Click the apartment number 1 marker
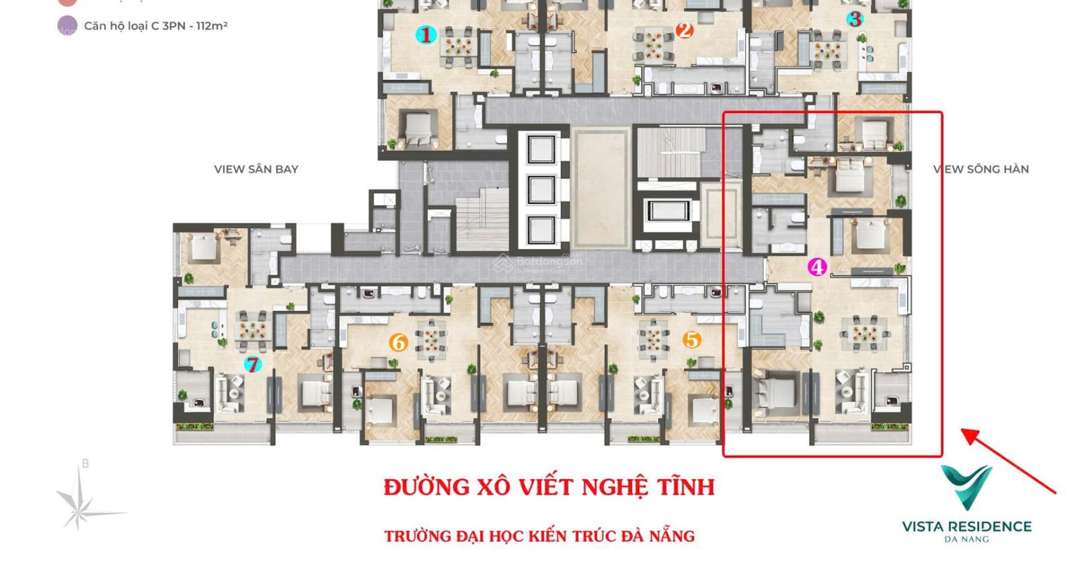425,34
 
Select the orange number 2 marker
685,30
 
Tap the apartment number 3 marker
855,19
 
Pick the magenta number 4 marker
816,267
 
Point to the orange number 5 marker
691,340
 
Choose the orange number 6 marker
398,343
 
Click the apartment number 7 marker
252,365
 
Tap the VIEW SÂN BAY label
256,169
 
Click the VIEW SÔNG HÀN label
981,169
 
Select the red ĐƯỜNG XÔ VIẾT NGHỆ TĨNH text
549,487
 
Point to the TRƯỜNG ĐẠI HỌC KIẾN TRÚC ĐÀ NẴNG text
539,536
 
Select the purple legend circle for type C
67,27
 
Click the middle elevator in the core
541,190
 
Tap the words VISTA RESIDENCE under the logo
966,526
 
